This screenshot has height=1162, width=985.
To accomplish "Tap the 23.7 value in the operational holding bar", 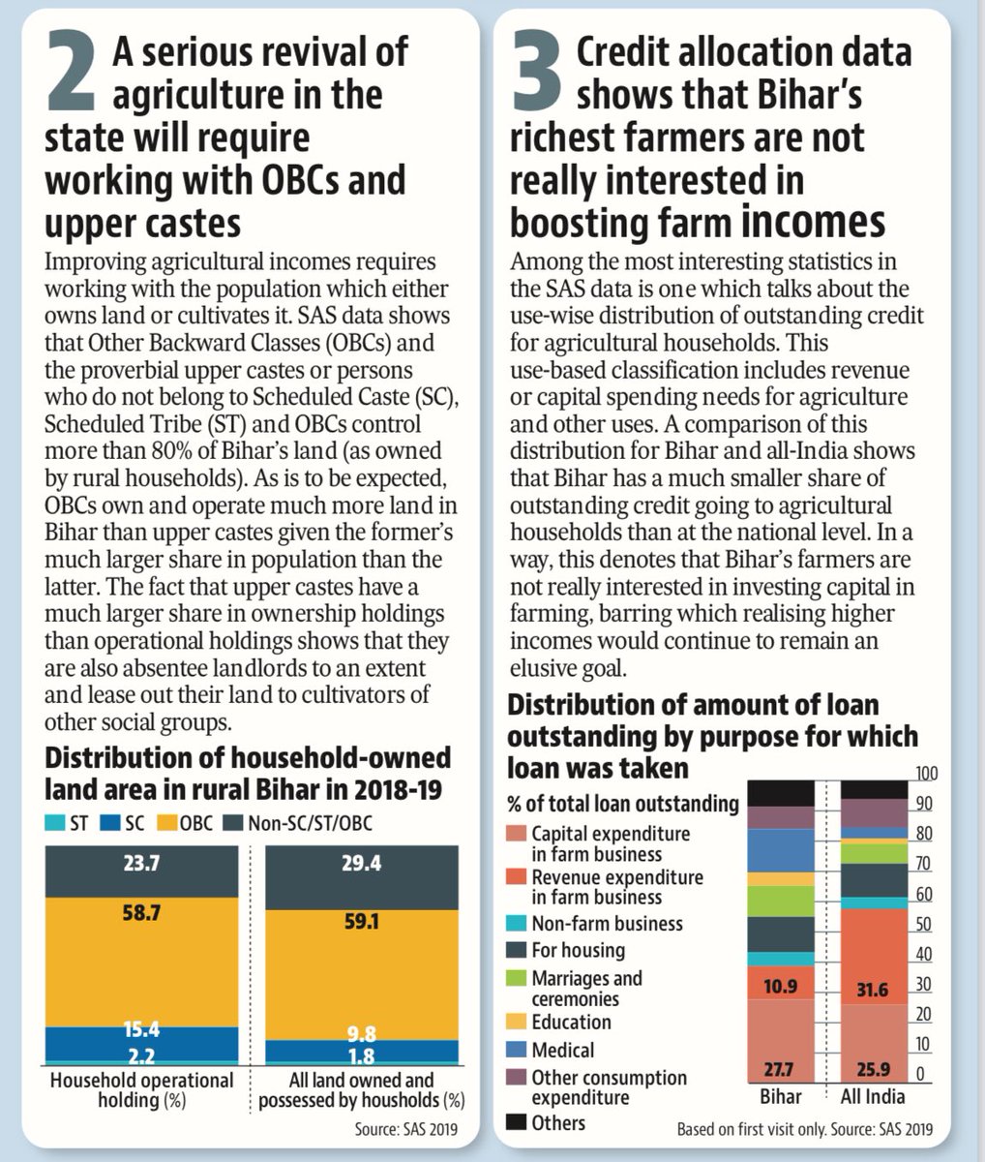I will [x=141, y=865].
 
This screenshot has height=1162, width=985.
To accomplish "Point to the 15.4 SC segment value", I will [x=141, y=1029].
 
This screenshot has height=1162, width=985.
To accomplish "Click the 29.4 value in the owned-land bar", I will [x=361, y=865].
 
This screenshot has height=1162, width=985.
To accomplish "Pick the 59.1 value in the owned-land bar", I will [x=361, y=922].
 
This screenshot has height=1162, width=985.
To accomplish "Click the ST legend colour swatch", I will [x=53, y=823].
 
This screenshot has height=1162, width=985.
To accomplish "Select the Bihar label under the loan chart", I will [x=780, y=1096].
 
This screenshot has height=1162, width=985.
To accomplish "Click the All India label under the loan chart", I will [x=873, y=1096].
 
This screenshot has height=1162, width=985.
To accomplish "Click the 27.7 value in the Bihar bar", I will [x=780, y=1069].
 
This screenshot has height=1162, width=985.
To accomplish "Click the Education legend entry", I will [x=571, y=1023].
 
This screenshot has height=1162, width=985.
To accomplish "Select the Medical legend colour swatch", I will [x=517, y=1051].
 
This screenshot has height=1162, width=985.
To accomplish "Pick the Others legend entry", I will [x=558, y=1123].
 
